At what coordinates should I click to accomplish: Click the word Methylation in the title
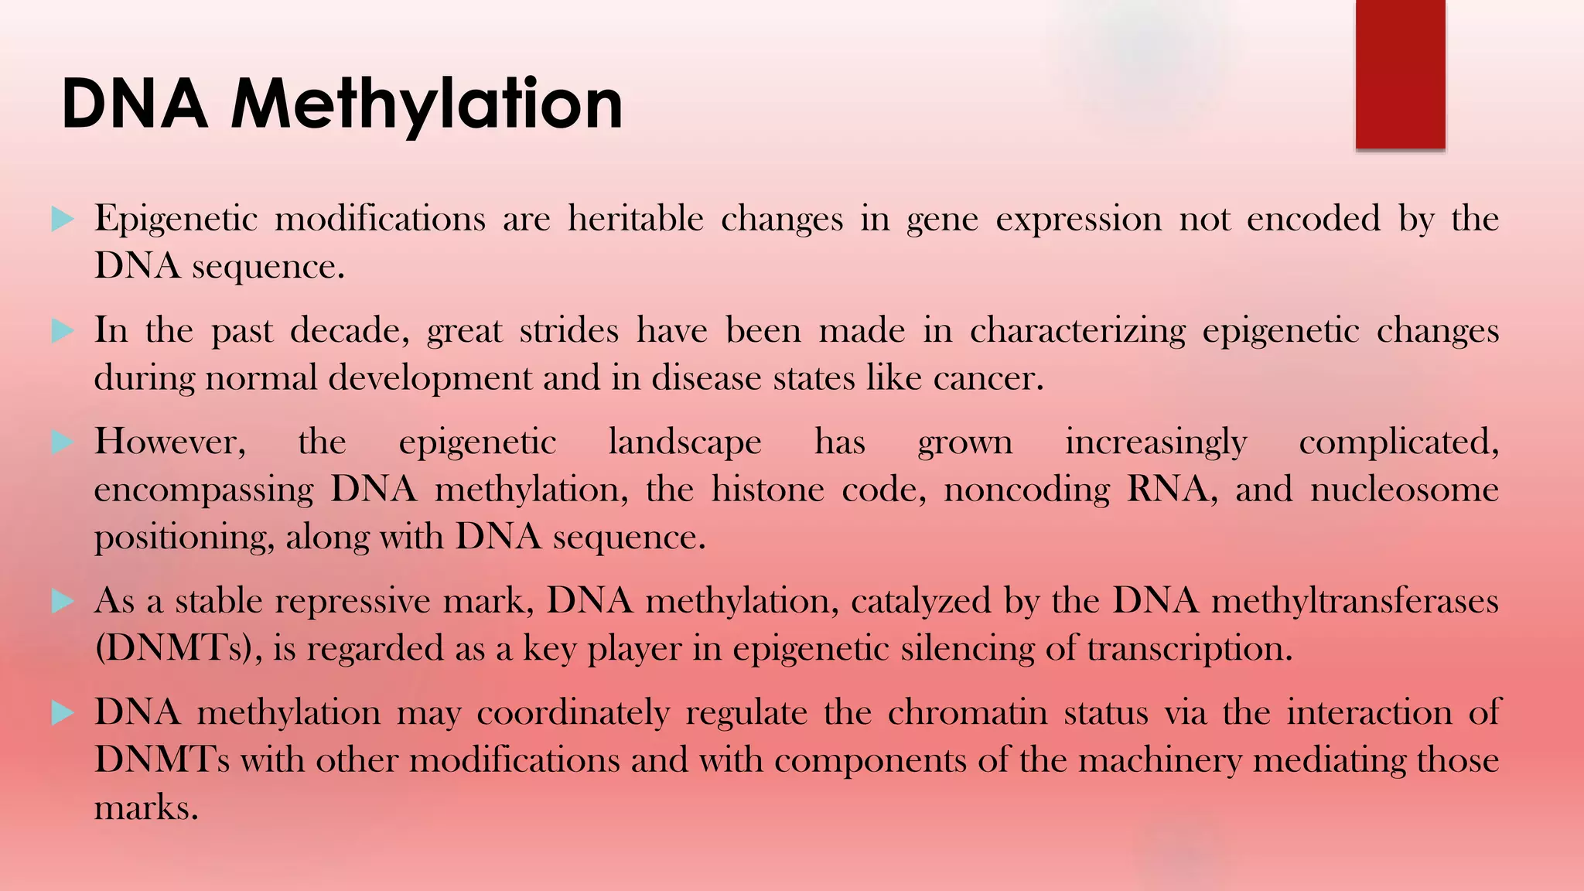426,104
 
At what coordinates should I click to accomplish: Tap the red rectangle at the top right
1400,74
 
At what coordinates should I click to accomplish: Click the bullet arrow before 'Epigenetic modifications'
62,220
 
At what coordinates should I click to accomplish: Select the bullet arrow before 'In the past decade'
62,331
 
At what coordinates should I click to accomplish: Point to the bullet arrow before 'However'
62,442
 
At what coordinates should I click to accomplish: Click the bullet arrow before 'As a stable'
62,601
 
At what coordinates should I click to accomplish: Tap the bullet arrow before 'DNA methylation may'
62,712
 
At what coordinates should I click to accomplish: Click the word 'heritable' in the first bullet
635,219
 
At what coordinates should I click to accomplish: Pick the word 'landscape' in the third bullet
684,443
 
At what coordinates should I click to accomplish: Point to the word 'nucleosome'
1404,490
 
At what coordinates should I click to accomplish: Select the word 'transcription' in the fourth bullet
1188,649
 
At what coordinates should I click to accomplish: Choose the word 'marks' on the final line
145,808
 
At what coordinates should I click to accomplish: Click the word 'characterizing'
1077,331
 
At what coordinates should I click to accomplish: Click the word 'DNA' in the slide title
135,104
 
